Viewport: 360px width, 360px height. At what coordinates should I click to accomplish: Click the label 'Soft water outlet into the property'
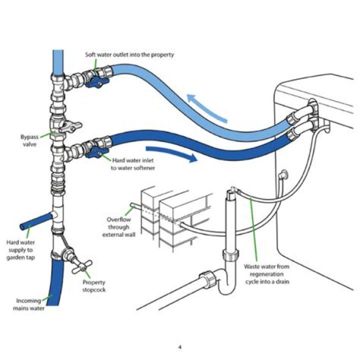[129, 54]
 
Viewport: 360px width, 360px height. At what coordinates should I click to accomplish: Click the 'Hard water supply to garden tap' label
[20, 249]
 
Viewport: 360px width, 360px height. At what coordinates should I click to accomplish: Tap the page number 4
[180, 345]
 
